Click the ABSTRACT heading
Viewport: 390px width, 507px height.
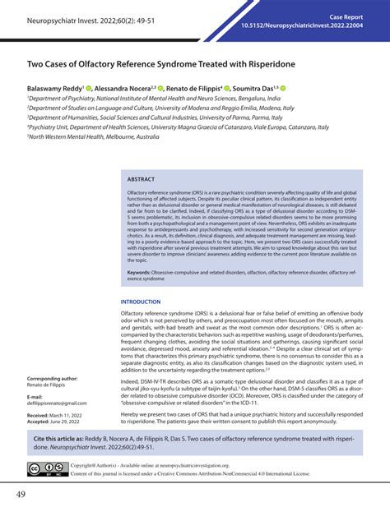click(141, 178)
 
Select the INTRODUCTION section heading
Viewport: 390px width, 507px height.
click(142, 302)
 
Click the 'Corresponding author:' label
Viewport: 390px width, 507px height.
click(53, 379)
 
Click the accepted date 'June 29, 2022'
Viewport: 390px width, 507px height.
click(74, 424)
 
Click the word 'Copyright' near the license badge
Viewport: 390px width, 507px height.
click(86, 465)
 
